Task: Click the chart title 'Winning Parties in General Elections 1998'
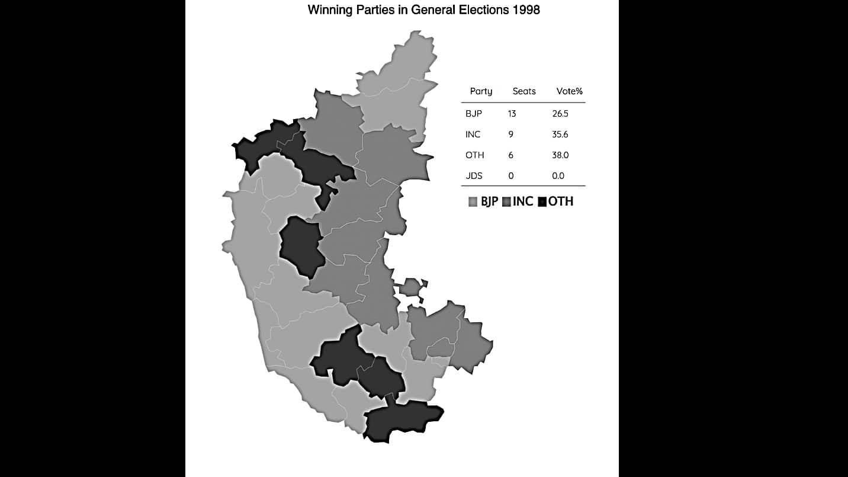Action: [423, 10]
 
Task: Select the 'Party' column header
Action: [481, 91]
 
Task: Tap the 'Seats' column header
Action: [524, 91]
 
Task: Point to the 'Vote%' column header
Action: [570, 91]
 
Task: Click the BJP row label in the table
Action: [474, 113]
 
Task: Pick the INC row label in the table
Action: [473, 135]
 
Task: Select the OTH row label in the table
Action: [475, 155]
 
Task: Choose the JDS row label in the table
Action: [474, 176]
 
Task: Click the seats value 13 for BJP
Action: [512, 113]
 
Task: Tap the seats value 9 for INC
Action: [510, 135]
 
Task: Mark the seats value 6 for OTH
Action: [510, 155]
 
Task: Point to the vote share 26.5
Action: [560, 113]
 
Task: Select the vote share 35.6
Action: [560, 135]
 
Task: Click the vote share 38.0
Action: [560, 155]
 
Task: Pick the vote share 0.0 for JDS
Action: [558, 176]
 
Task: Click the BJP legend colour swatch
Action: [473, 202]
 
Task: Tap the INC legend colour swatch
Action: [506, 202]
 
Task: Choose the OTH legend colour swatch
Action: [542, 202]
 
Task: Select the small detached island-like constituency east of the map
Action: [410, 289]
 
